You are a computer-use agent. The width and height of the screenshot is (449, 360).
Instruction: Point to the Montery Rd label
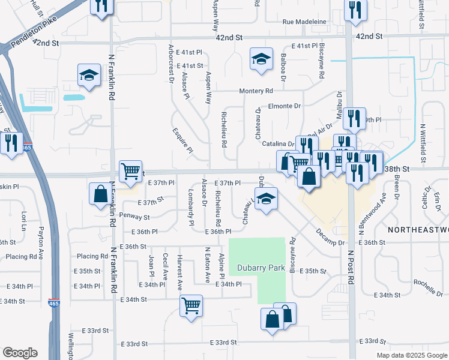click(x=256, y=91)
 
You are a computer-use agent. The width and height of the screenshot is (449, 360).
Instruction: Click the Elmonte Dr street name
click(x=284, y=106)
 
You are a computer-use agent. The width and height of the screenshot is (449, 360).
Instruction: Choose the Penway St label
click(x=134, y=215)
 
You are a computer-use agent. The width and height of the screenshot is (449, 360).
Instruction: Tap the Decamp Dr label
click(x=330, y=238)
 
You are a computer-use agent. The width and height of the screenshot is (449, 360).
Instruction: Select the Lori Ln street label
click(x=24, y=220)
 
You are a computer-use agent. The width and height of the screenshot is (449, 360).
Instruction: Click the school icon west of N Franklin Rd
click(x=89, y=76)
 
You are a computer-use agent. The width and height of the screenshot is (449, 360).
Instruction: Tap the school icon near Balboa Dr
click(x=261, y=59)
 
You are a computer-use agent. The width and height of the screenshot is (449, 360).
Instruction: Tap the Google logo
click(x=19, y=353)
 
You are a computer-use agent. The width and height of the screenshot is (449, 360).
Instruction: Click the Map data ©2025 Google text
click(x=411, y=355)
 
